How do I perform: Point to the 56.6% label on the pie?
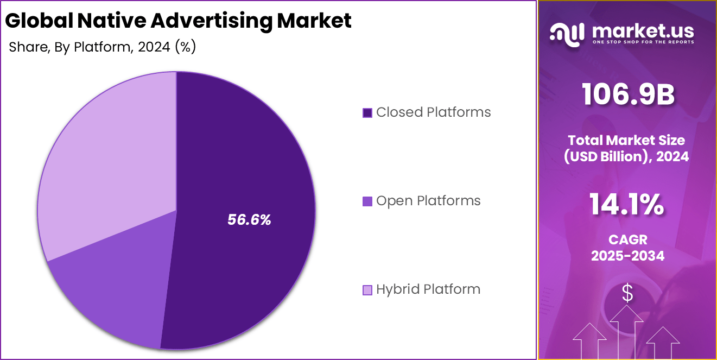click(x=249, y=220)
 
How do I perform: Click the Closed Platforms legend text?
click(x=433, y=112)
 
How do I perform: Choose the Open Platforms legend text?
click(x=428, y=201)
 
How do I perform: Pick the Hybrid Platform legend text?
click(x=428, y=289)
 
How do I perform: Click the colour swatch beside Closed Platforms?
click(x=367, y=113)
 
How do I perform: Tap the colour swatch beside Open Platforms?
click(x=367, y=201)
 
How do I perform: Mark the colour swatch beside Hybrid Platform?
click(x=367, y=290)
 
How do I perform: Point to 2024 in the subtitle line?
click(x=154, y=47)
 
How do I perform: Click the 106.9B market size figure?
click(x=628, y=95)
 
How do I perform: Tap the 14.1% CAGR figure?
click(x=627, y=205)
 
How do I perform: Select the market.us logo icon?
click(x=567, y=33)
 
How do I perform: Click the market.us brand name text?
click(x=643, y=30)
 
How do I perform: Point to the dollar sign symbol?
click(x=627, y=294)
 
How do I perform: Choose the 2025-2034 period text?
click(x=627, y=256)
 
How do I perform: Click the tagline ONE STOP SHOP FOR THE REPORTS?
click(x=643, y=42)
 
